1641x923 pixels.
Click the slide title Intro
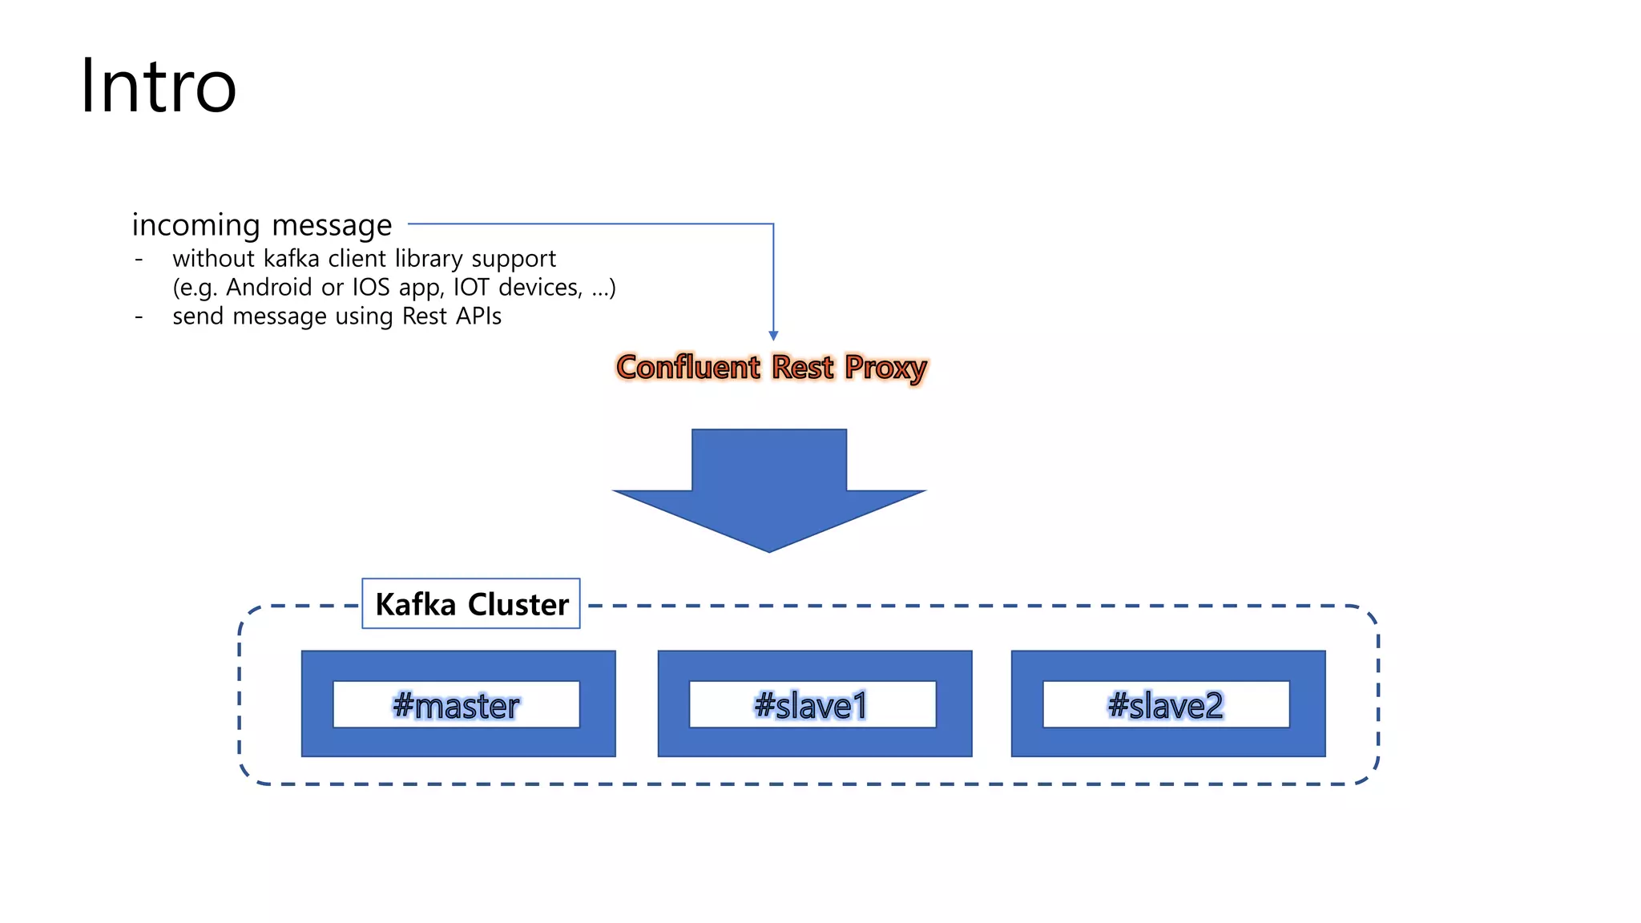point(158,87)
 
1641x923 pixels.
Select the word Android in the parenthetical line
point(268,288)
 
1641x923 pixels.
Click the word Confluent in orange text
point(687,368)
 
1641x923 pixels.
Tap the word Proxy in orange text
point(885,368)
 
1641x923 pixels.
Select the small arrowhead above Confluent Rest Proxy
point(773,336)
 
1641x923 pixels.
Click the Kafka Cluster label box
point(471,604)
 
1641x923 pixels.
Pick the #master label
point(456,705)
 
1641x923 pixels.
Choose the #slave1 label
point(812,705)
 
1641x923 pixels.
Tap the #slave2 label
point(1166,705)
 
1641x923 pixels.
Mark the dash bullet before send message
point(139,317)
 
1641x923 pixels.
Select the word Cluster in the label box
point(518,604)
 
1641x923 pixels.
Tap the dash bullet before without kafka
point(139,260)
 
